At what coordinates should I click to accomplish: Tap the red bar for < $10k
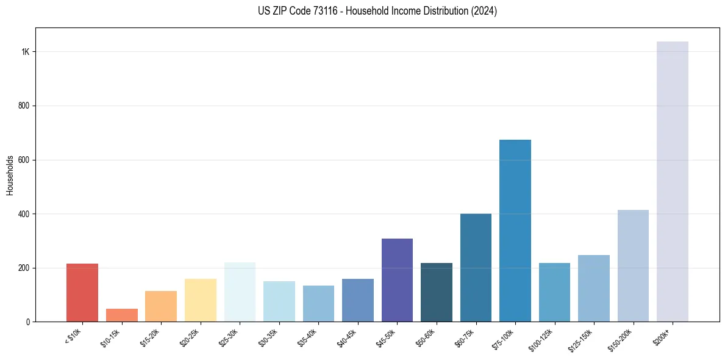(82, 292)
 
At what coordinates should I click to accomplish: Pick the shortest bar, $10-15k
(121, 315)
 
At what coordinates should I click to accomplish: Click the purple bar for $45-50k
(397, 280)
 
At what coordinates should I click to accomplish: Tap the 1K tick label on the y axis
(25, 52)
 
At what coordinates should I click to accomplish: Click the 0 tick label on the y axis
(27, 322)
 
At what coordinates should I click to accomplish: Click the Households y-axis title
(10, 175)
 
